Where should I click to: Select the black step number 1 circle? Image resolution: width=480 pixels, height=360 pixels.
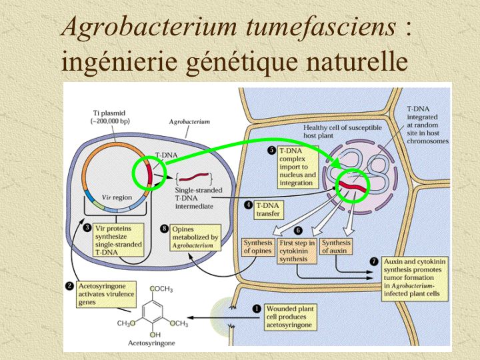258,309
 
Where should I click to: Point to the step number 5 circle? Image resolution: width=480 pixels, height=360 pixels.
271,151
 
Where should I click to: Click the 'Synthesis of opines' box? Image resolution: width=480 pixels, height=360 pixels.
257,247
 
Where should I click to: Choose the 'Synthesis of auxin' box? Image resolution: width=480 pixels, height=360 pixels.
336,247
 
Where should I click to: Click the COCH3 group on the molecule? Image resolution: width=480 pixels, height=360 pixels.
161,289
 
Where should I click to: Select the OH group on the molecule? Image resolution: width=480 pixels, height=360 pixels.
155,333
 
